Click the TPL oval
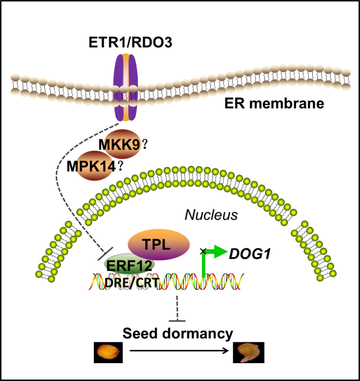(x=158, y=244)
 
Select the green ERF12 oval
(x=129, y=265)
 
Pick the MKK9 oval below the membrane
(x=122, y=144)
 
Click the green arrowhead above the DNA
(x=219, y=251)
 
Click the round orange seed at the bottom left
(x=108, y=350)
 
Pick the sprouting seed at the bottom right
(x=249, y=351)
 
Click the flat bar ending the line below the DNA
(x=177, y=320)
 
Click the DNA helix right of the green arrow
(x=225, y=282)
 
